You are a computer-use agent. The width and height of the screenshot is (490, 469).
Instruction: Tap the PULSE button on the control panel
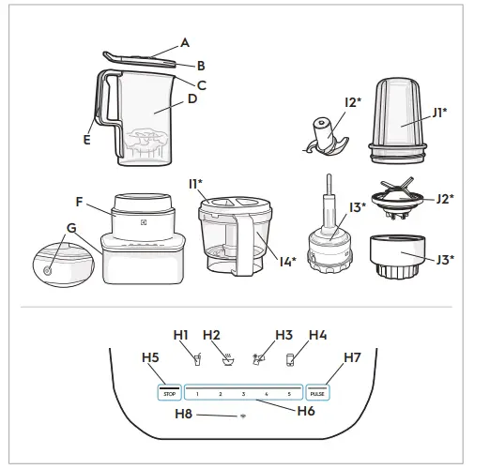tap(317, 393)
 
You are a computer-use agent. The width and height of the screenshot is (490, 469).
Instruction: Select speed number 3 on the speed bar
tap(243, 394)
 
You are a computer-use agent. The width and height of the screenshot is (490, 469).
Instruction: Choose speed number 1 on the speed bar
tap(198, 394)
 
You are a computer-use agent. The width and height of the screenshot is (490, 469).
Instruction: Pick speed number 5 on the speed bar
tap(289, 394)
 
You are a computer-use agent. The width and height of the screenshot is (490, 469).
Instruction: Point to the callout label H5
tap(150, 357)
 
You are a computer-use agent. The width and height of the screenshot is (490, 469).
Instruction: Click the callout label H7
tap(351, 357)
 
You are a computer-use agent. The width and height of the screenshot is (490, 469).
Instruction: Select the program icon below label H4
tap(290, 357)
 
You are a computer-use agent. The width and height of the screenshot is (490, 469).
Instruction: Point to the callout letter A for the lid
tap(185, 42)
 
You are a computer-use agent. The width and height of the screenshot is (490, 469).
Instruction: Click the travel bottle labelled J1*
tap(401, 117)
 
